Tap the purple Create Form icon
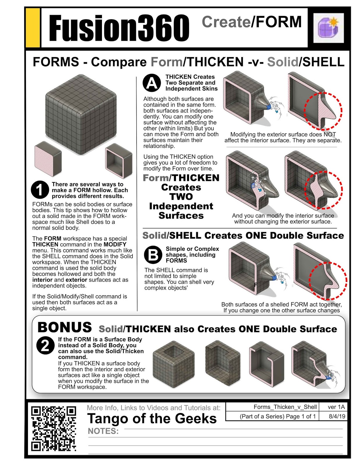[328, 28]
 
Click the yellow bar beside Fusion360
[33, 28]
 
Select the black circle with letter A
[152, 83]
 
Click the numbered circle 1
[40, 190]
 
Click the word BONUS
[65, 327]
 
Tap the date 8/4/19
[337, 416]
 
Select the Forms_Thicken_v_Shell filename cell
[285, 407]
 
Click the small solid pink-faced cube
[48, 158]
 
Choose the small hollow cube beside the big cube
[119, 160]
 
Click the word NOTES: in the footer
[103, 431]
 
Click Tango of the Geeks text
[152, 419]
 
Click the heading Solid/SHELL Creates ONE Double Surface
[243, 235]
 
